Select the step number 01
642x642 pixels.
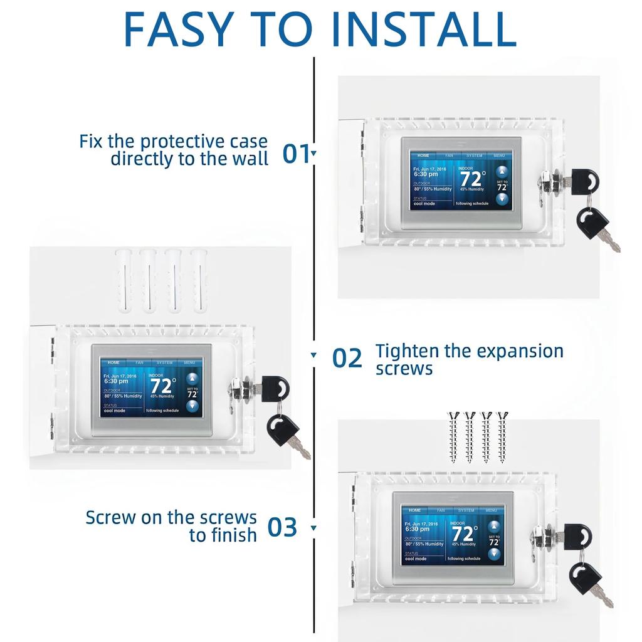coord(296,154)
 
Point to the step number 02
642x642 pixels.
coord(347,359)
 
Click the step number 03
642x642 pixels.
coord(282,527)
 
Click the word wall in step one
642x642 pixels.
coord(250,159)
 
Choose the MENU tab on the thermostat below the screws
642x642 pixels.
coord(491,510)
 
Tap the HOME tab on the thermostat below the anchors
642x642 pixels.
coord(113,362)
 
